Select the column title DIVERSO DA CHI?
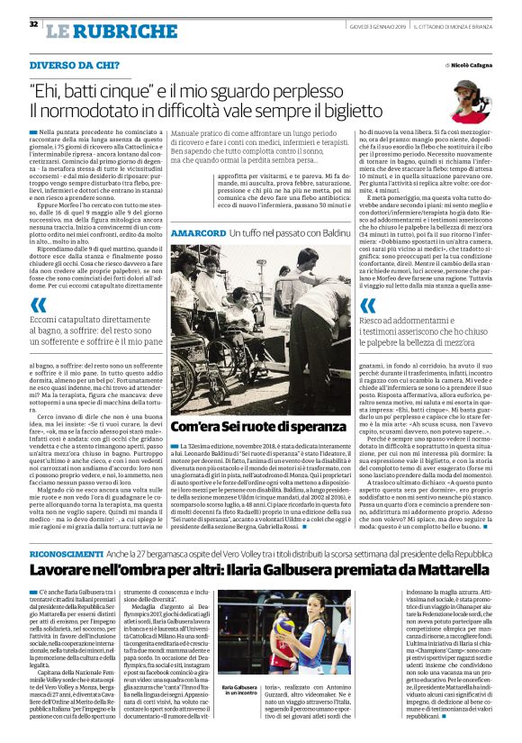pos(72,67)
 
